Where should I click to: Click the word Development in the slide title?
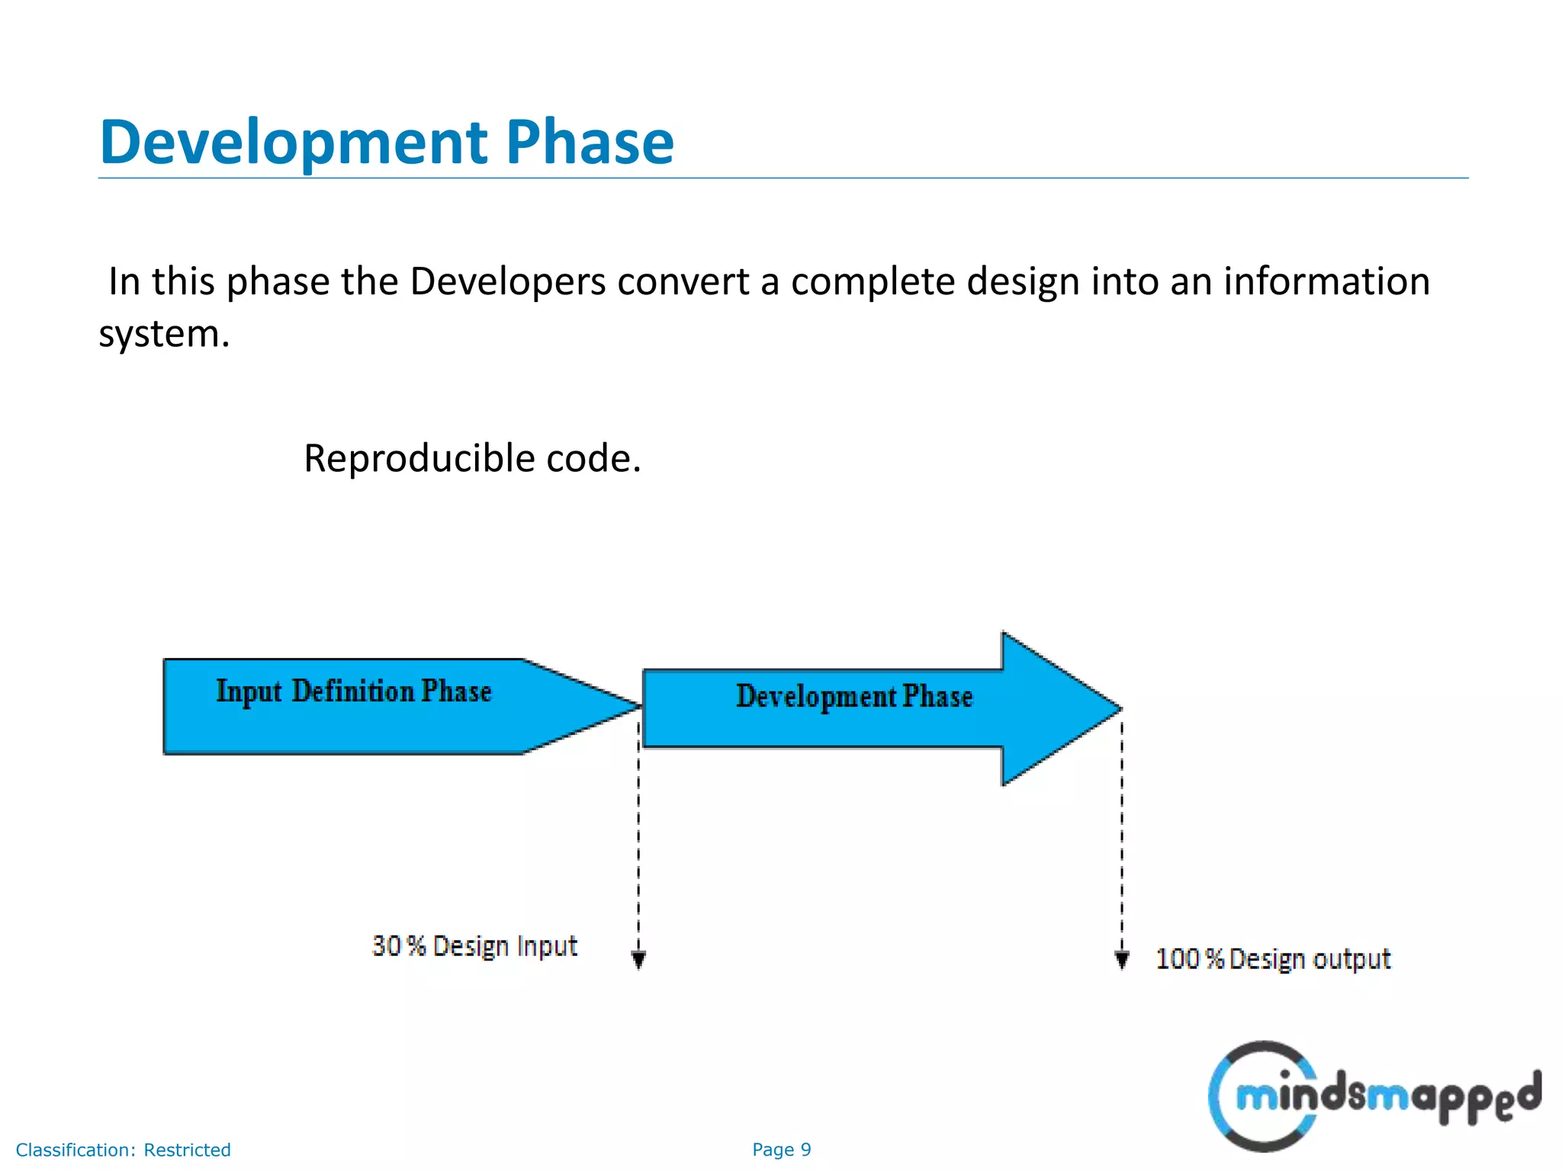tap(294, 143)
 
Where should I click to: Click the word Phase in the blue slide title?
tap(590, 143)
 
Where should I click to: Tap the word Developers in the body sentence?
tap(507, 281)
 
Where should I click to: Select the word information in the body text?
tap(1326, 281)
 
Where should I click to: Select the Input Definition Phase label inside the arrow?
tap(354, 691)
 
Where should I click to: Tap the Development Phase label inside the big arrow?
tap(854, 696)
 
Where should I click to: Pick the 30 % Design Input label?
tap(474, 946)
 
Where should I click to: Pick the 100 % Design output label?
tap(1273, 959)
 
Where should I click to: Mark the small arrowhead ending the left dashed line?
tap(639, 959)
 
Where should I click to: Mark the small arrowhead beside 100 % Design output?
tap(1122, 959)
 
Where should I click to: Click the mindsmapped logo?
tap(1373, 1096)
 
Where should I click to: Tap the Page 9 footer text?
tap(781, 1150)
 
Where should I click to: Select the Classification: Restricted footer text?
tap(123, 1150)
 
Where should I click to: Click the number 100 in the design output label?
tap(1178, 959)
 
